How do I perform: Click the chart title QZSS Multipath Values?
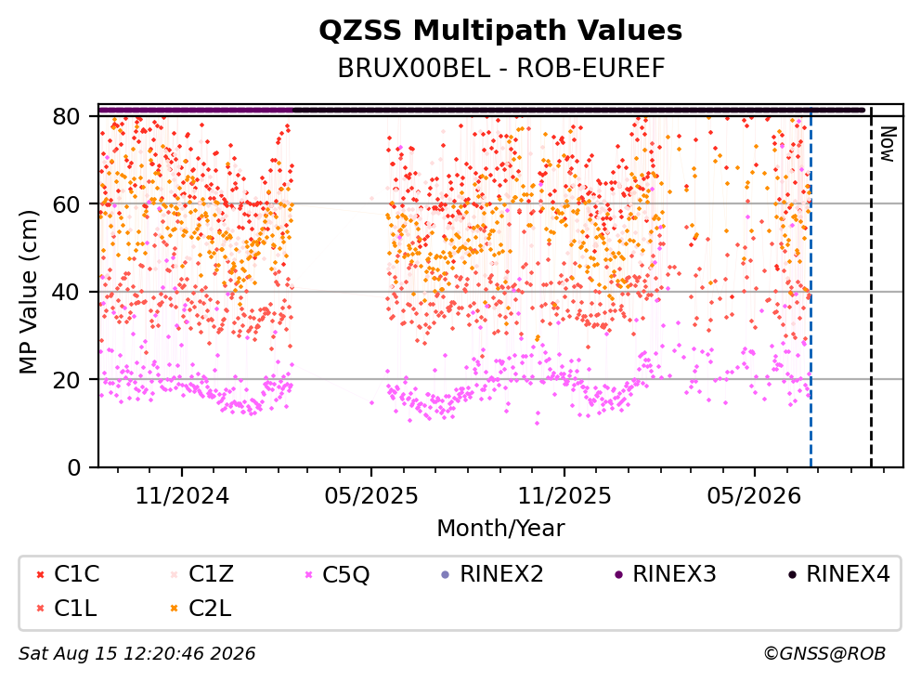point(500,31)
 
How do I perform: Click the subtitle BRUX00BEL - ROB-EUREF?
point(500,69)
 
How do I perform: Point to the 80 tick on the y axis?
point(66,116)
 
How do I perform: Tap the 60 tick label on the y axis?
point(66,204)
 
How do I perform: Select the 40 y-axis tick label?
point(66,292)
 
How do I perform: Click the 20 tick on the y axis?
point(66,379)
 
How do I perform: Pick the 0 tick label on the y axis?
point(74,467)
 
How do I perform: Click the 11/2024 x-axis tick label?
point(182,496)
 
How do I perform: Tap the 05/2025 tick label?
point(371,496)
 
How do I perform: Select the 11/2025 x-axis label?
point(564,496)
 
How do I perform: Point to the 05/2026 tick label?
point(754,496)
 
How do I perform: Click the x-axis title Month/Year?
point(500,528)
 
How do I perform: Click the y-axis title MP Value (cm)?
point(28,292)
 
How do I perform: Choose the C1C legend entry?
point(68,574)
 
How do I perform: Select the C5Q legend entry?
point(337,574)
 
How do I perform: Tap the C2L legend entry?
point(201,609)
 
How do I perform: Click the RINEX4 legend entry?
point(838,574)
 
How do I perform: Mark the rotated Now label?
point(887,144)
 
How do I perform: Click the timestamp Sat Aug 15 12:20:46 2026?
point(137,654)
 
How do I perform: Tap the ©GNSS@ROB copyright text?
point(824,654)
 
